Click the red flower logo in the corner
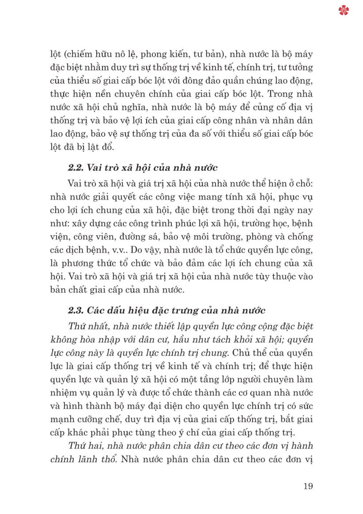click(343, 10)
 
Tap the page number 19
click(308, 486)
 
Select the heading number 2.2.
click(76, 168)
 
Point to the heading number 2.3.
click(76, 310)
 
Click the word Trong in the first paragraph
click(280, 94)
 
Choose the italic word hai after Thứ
click(94, 446)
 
